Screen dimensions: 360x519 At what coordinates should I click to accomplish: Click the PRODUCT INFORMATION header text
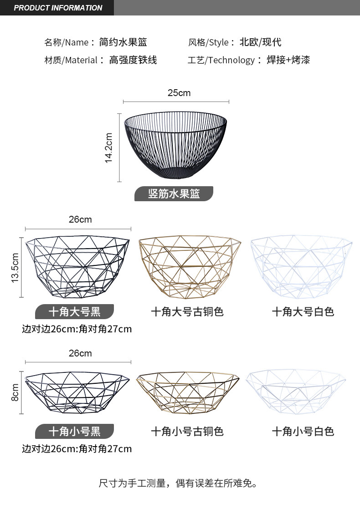pos(58,8)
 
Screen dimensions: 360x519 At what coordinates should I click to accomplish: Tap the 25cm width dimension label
pos(179,93)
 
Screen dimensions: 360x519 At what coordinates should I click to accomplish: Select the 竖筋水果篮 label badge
pos(174,193)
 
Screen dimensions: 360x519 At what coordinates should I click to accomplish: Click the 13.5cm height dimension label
pos(15,268)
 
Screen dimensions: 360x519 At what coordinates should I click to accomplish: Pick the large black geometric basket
pos(77,266)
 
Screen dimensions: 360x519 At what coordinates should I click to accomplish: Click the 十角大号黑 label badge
pos(74,311)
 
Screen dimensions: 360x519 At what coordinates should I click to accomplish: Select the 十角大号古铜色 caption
pos(187,311)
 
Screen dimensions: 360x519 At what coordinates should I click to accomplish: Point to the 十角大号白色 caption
pos(303,311)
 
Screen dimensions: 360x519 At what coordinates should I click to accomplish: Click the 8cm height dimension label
pos(15,392)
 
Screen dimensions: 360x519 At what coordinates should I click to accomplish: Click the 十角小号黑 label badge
pos(74,431)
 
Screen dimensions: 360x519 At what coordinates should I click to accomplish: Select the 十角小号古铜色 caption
pos(187,431)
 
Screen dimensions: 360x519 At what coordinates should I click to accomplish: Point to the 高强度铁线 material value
pos(133,60)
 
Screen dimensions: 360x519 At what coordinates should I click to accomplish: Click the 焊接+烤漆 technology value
pos(288,60)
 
